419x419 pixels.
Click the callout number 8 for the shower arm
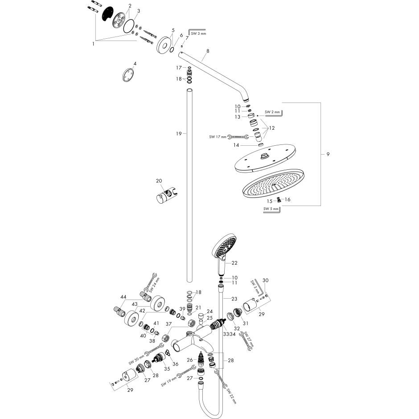pyautogui.click(x=208, y=51)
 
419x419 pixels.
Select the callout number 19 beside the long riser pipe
pyautogui.click(x=179, y=134)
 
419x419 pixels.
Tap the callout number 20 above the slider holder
pyautogui.click(x=159, y=181)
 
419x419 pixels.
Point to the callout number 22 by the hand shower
pyautogui.click(x=234, y=263)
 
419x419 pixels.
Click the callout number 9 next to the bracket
pyautogui.click(x=328, y=154)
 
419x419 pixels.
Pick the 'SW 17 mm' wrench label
pyautogui.click(x=218, y=137)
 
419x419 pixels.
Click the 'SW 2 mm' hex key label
pyautogui.click(x=272, y=112)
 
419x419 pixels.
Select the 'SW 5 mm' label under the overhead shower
pyautogui.click(x=271, y=209)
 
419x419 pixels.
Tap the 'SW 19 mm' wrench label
pyautogui.click(x=169, y=382)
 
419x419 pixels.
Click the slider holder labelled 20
pyautogui.click(x=165, y=196)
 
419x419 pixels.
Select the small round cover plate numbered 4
pyautogui.click(x=128, y=75)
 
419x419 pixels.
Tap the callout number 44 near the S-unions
pyautogui.click(x=123, y=297)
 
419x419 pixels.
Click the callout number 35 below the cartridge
pyautogui.click(x=167, y=369)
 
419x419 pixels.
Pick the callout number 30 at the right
pyautogui.click(x=265, y=280)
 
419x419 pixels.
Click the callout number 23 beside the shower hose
pyautogui.click(x=234, y=299)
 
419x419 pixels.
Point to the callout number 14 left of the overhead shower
pyautogui.click(x=236, y=145)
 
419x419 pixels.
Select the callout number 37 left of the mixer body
pyautogui.click(x=168, y=324)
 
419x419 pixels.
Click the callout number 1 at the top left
pyautogui.click(x=93, y=44)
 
